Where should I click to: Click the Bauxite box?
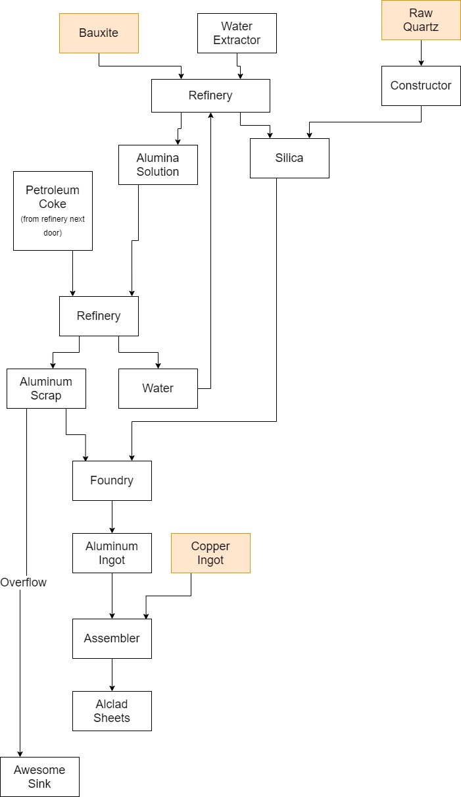coord(99,33)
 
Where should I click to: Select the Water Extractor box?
coord(237,33)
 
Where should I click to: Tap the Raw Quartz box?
coord(421,20)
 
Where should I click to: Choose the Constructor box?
coord(421,86)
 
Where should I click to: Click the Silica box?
coord(289,158)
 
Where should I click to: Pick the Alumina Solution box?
coord(158,165)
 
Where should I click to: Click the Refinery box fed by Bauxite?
coord(210,95)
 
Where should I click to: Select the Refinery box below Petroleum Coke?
coord(99,316)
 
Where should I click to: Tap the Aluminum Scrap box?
coord(46,388)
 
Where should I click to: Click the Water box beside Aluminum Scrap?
coord(158,388)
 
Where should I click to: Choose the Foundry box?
coord(112,480)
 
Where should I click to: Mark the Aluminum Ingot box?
coord(112,553)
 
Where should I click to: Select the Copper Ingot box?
coord(210,553)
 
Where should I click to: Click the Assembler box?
coord(112,638)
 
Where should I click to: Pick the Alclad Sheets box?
coord(112,711)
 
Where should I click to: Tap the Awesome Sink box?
coord(39,777)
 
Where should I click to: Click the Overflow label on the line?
coord(24,582)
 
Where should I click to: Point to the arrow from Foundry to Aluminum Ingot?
coord(112,517)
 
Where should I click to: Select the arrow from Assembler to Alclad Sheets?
coord(112,675)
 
